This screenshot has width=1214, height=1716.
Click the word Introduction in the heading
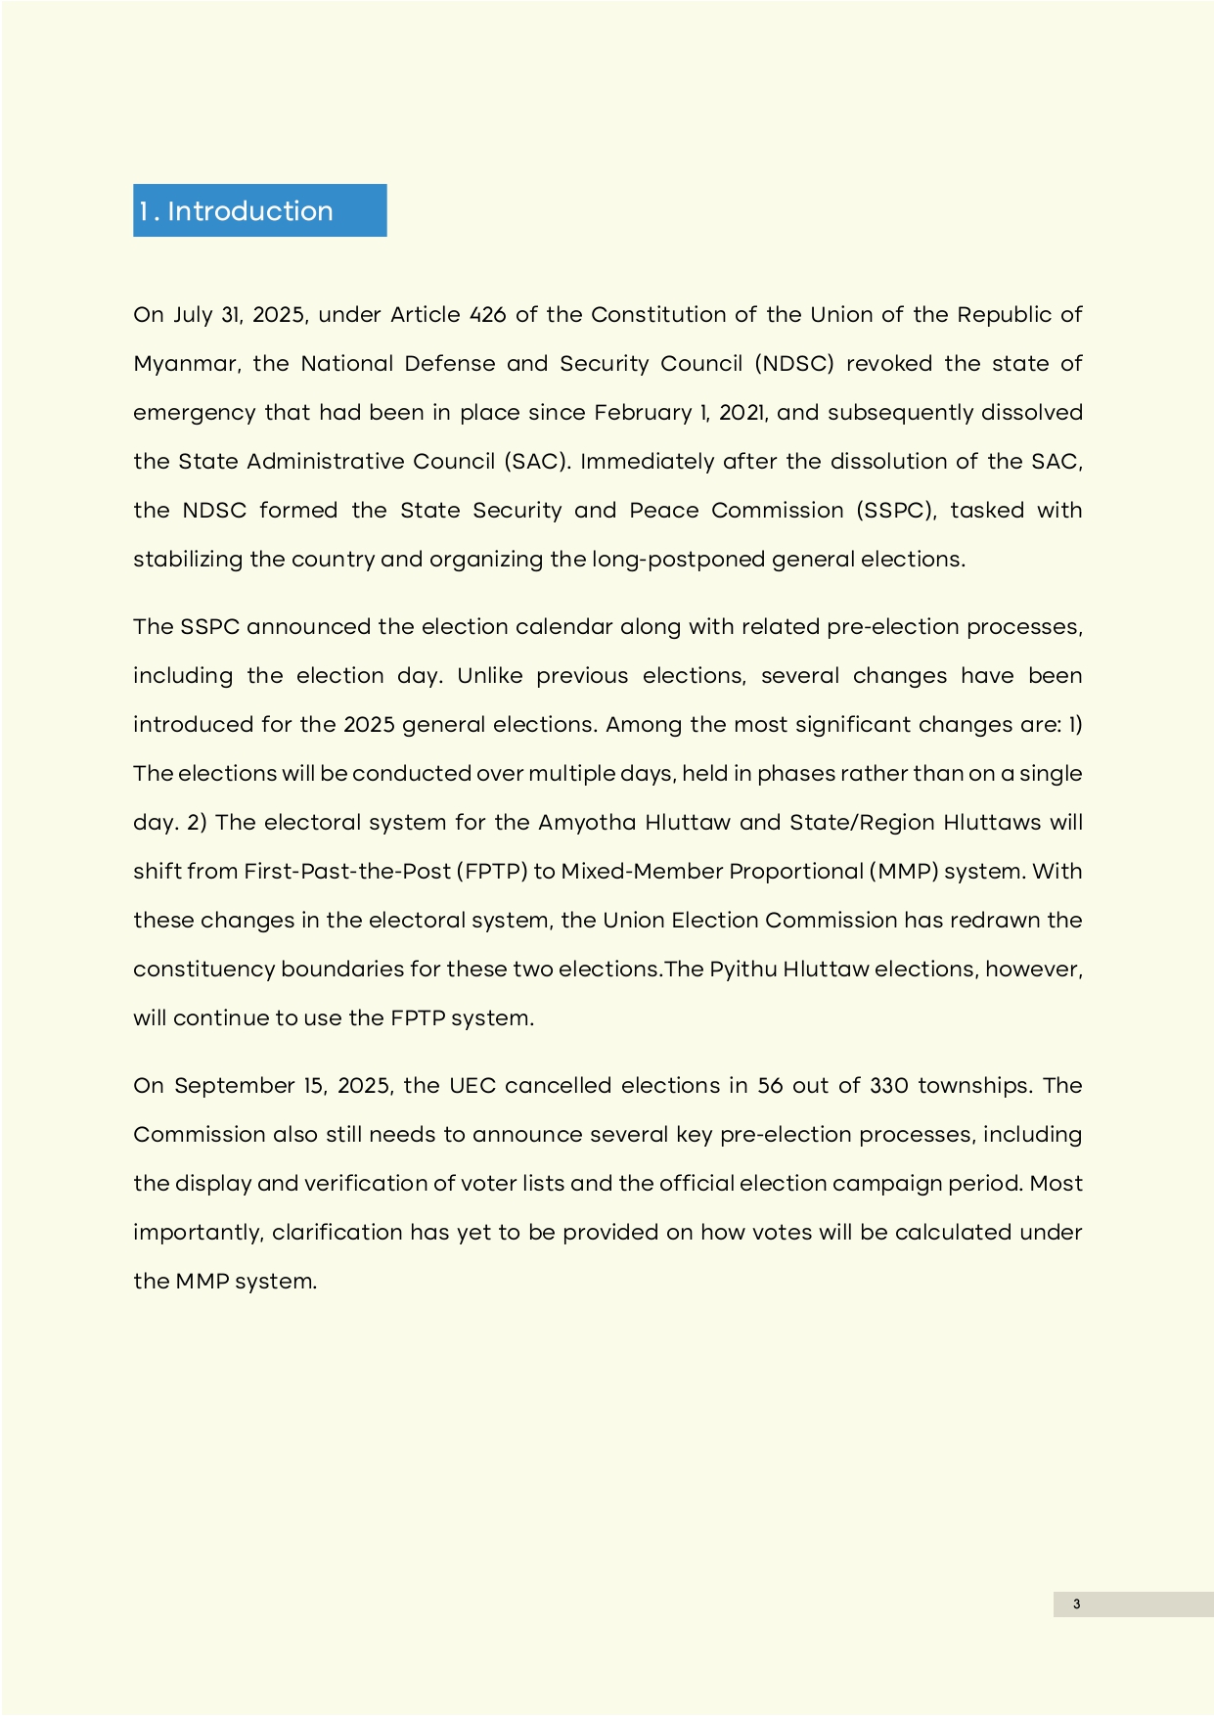[250, 211]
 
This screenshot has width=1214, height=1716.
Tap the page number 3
[1077, 1603]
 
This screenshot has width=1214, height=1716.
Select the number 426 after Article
[487, 315]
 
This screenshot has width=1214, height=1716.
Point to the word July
[193, 315]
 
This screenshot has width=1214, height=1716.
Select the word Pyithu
[742, 970]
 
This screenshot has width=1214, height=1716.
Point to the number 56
[771, 1086]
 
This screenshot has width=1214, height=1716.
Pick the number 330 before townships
[888, 1086]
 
